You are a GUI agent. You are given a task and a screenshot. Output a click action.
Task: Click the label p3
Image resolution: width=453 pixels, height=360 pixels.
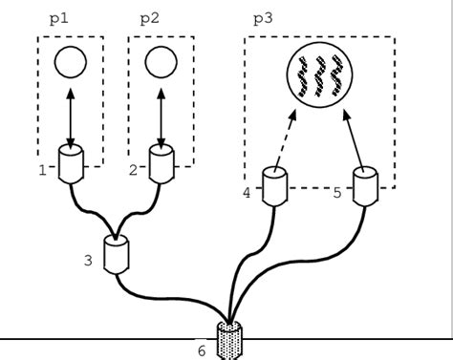(263, 18)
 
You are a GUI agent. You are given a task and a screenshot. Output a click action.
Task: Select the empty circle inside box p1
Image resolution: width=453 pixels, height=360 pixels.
(71, 63)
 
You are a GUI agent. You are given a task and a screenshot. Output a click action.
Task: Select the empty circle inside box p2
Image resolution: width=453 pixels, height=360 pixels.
(161, 63)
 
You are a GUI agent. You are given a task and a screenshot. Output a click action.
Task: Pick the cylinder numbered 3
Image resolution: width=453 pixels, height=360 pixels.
(118, 255)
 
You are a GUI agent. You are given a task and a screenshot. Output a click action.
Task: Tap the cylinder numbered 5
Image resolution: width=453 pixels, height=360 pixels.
(367, 187)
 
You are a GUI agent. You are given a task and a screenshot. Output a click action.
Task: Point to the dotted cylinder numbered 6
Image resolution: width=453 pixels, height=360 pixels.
(230, 340)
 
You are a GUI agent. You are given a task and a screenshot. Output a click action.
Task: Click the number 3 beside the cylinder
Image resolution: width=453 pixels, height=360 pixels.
(88, 259)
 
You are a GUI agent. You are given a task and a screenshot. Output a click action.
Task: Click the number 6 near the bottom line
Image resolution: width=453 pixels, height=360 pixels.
(202, 350)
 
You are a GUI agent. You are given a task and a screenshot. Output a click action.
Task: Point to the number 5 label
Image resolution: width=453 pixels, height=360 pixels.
(337, 193)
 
